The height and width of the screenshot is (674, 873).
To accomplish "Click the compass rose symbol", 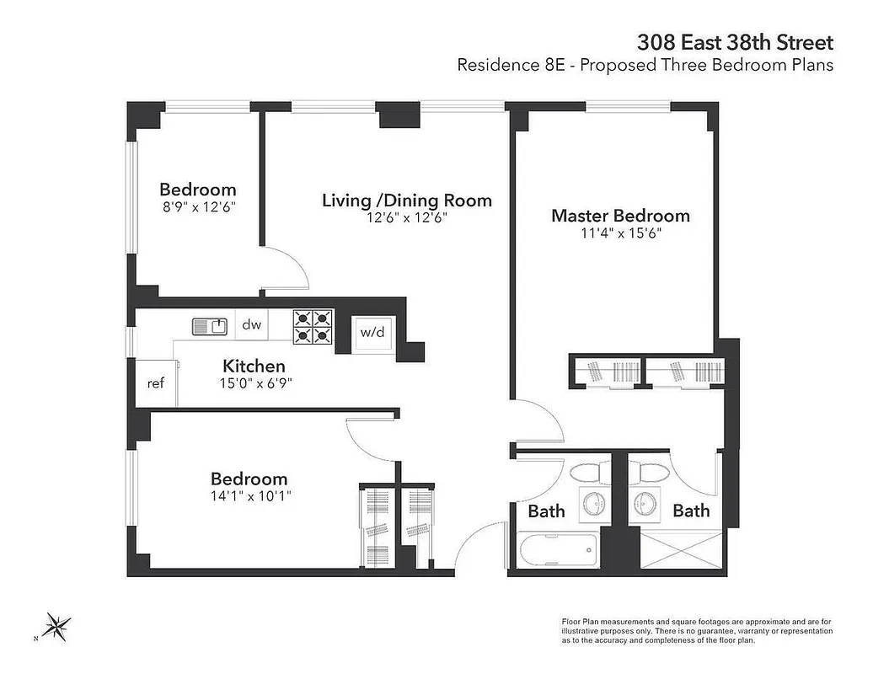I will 56,626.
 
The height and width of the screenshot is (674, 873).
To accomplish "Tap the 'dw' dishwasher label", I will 252,324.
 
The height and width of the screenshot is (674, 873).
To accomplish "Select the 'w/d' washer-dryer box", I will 372,332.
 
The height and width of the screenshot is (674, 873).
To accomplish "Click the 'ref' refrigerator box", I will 155,383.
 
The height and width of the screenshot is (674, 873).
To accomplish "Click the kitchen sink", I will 209,325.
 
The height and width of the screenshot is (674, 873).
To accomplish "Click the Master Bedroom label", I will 620,216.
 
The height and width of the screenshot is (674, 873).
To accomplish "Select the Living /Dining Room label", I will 407,201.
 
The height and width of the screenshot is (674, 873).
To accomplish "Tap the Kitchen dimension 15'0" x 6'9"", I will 254,383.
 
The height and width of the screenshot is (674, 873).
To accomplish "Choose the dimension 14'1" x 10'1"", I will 249,496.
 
